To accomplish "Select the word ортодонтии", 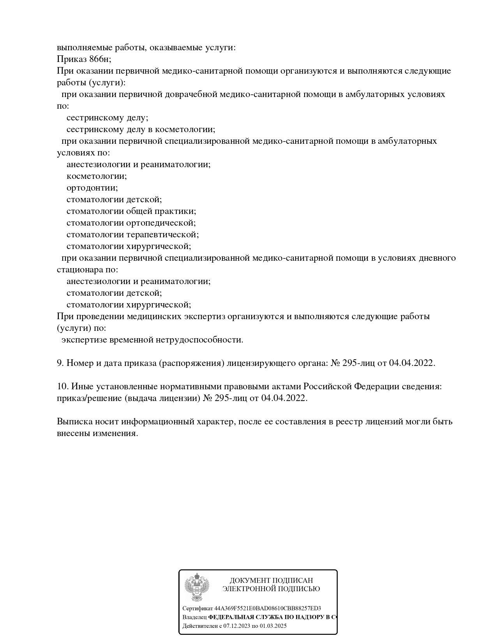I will (x=92, y=188).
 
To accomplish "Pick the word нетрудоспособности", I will (x=199, y=340).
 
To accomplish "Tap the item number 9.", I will (x=60, y=363).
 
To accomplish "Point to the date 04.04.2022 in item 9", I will (x=412, y=363).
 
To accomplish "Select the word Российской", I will (x=327, y=387).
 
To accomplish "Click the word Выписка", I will (x=74, y=422).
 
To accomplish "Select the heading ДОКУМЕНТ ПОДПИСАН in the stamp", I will (x=271, y=581).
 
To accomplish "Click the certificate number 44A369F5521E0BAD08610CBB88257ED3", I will (x=268, y=608).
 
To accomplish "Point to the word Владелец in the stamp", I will (x=194, y=617).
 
